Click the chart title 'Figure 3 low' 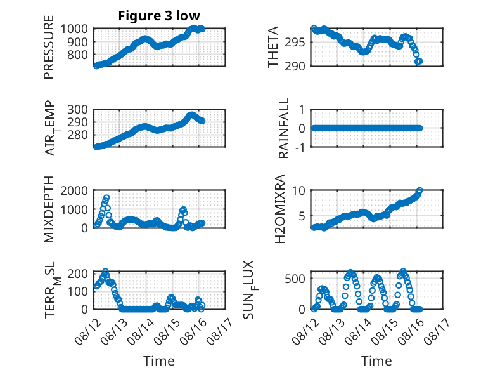(x=159, y=17)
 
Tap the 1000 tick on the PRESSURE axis (x=78, y=29)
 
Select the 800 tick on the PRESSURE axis (x=80, y=55)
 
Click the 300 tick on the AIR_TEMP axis (x=80, y=109)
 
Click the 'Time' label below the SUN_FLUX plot (x=376, y=360)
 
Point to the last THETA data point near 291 (x=419, y=61)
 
